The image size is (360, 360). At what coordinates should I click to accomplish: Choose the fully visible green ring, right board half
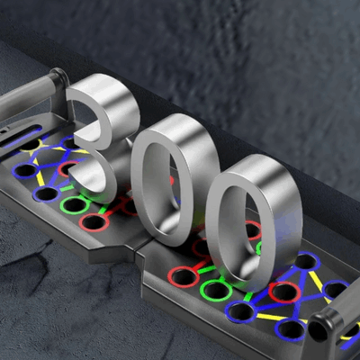point(214,290)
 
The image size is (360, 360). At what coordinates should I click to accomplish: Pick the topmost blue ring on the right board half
point(305,262)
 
